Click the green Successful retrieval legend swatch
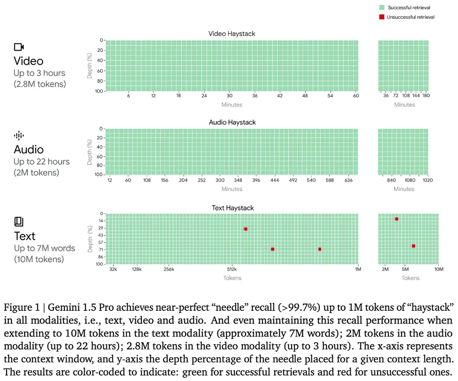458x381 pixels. point(382,8)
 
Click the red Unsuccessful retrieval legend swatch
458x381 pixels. point(382,17)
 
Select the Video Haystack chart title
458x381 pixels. point(232,34)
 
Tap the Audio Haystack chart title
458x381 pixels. point(232,122)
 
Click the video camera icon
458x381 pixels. point(19,47)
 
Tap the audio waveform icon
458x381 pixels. point(18,135)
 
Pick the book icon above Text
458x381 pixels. point(18,221)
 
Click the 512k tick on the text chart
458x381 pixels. point(232,269)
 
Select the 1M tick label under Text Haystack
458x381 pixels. point(358,269)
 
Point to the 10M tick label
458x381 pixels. point(439,269)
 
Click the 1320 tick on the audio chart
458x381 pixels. point(428,180)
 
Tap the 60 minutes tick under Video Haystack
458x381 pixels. point(356,96)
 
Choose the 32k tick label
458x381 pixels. point(113,269)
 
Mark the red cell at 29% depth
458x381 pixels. point(245,229)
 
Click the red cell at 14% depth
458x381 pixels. point(396,219)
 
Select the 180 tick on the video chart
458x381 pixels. point(426,96)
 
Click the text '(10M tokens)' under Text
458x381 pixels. point(38,259)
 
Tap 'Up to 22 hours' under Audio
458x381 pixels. point(42,161)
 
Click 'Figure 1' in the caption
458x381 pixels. point(20,307)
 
